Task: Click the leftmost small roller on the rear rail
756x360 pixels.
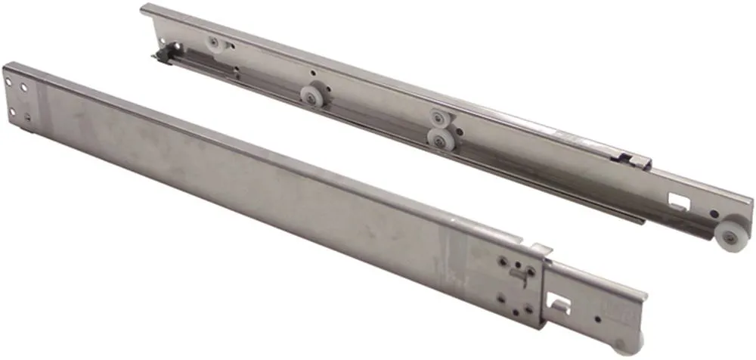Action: [214, 43]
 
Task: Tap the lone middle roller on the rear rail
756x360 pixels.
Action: [310, 95]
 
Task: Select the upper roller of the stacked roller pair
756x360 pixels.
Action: [438, 117]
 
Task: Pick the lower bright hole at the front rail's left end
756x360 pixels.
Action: [14, 112]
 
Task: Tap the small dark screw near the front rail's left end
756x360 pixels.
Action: [28, 117]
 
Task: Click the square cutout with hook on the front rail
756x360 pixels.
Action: [560, 302]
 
